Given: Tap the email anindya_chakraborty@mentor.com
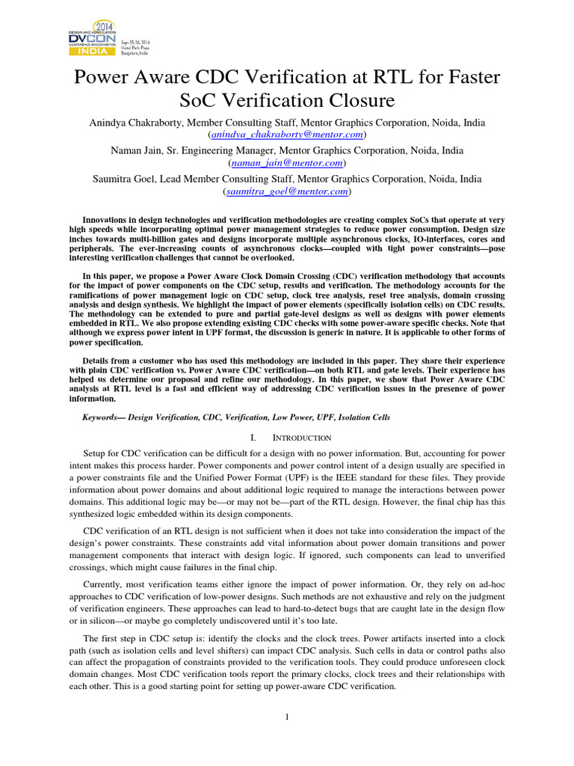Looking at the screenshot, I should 287,135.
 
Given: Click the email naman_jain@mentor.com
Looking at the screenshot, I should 287,162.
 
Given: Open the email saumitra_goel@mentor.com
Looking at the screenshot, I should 287,191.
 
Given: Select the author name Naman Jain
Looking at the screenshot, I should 137,149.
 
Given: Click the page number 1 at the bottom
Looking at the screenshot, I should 287,719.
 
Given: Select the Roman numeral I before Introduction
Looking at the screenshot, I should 253,437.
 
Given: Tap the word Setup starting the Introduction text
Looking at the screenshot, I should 98,454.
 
